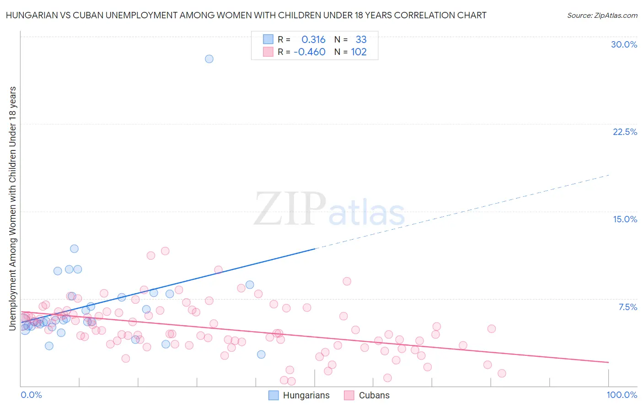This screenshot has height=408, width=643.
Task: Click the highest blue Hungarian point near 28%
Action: [209, 59]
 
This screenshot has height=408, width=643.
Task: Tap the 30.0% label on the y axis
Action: [624, 44]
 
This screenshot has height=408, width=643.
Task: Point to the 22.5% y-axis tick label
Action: [625, 132]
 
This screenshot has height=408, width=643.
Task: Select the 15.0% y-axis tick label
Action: [625, 219]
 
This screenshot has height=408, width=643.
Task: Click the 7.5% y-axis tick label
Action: [627, 307]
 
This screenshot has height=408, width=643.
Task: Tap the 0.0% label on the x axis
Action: [31, 395]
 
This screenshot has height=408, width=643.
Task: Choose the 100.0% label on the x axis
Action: [622, 395]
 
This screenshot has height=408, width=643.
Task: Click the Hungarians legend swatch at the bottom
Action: [273, 395]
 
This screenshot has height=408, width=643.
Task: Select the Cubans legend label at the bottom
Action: [374, 395]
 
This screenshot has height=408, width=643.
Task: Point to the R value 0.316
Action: [313, 40]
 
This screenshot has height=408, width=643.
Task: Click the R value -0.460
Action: [310, 52]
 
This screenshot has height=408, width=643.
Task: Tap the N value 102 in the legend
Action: [359, 52]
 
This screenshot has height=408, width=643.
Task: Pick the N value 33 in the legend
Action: [361, 40]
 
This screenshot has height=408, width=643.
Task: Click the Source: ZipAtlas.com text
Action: [602, 15]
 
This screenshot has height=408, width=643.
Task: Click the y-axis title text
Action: [12, 208]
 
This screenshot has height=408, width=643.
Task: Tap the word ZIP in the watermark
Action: [290, 209]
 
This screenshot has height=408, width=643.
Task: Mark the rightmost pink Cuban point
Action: [502, 373]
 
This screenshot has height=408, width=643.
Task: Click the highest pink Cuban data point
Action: [165, 251]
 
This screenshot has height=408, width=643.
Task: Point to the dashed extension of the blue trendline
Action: [462, 212]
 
